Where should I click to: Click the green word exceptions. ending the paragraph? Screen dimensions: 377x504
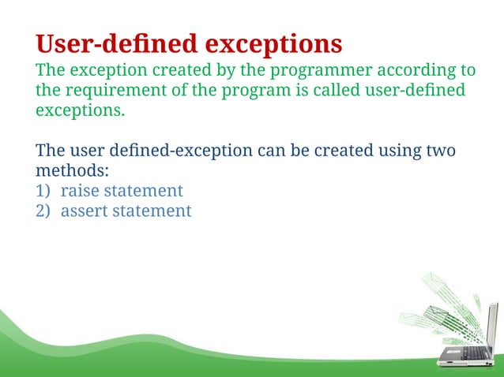click(80, 110)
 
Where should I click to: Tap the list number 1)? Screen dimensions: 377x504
click(44, 191)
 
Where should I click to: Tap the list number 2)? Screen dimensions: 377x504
click(44, 211)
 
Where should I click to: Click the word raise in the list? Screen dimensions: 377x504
click(80, 191)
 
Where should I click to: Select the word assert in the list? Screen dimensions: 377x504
click(85, 211)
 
